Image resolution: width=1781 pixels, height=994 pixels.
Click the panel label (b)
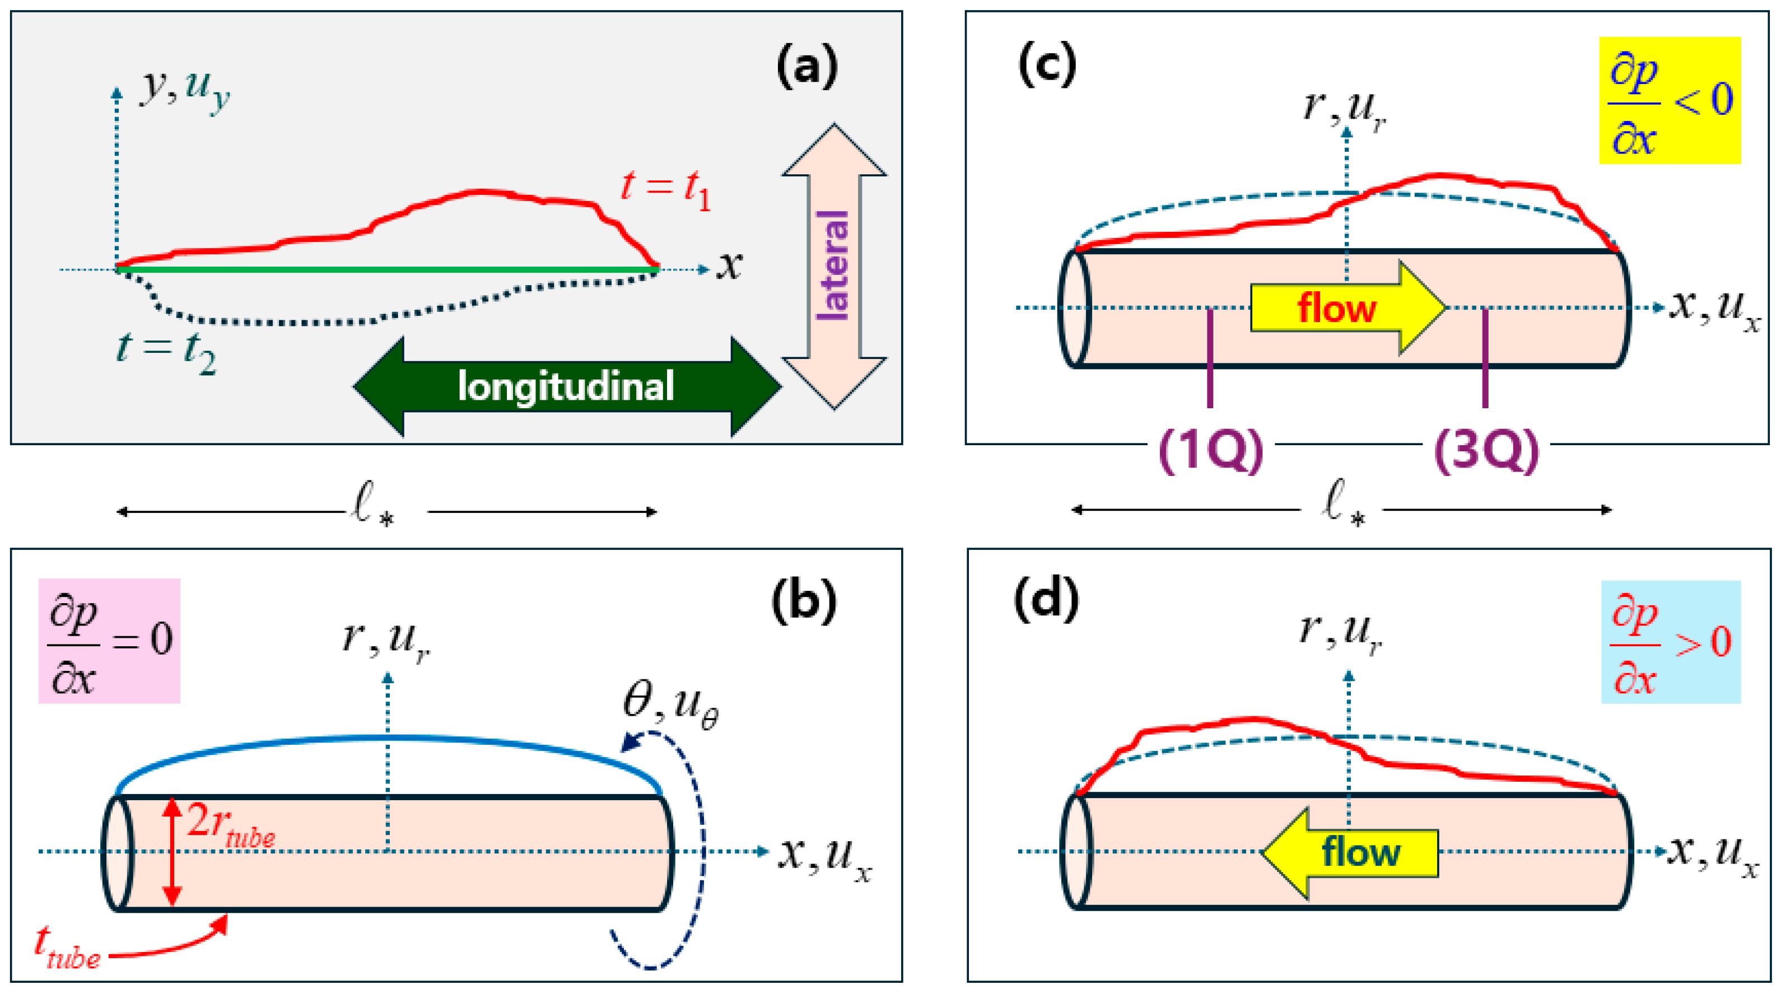click(x=803, y=601)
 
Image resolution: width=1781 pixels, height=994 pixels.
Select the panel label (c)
click(x=1047, y=64)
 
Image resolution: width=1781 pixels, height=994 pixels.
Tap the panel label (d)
click(x=1046, y=599)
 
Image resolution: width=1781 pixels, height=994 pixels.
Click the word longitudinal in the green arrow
click(x=566, y=386)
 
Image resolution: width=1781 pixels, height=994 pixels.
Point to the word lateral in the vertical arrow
click(x=832, y=265)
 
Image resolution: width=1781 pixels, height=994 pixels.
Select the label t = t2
click(x=166, y=353)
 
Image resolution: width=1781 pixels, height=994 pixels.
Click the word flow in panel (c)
click(x=1336, y=309)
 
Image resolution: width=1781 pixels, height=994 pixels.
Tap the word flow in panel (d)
click(x=1360, y=852)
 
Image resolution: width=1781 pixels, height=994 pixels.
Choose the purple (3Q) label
click(x=1486, y=450)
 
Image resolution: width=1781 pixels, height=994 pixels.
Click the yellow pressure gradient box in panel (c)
click(x=1670, y=100)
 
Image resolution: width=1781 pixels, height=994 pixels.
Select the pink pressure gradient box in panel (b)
click(x=109, y=641)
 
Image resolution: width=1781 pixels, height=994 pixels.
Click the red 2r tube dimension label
click(x=230, y=825)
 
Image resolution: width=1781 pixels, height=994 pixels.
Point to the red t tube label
click(x=67, y=947)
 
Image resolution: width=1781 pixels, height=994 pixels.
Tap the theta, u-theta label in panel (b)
click(x=670, y=707)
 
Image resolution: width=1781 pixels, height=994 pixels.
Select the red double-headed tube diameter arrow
click(x=172, y=852)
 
